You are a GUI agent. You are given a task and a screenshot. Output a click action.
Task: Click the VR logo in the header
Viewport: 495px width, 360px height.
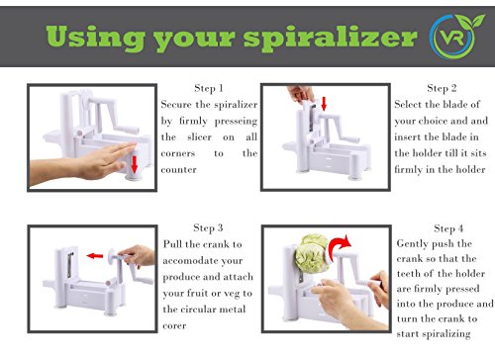[456, 37]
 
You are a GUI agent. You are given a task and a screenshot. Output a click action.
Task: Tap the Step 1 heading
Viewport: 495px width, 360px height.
[209, 88]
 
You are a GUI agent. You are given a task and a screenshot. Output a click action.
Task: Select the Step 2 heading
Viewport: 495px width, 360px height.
[442, 88]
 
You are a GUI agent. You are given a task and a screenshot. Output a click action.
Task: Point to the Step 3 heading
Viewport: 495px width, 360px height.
[208, 227]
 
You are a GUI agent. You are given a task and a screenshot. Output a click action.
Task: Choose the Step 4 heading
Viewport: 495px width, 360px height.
[448, 228]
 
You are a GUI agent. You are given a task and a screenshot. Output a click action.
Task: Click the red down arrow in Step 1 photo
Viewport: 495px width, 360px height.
[134, 164]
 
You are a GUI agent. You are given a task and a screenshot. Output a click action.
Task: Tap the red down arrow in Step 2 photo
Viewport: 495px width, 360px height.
[324, 104]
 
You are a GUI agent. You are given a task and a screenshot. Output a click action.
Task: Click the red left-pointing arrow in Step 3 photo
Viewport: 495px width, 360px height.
[95, 255]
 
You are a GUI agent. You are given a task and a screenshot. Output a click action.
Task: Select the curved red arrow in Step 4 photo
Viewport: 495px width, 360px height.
[340, 245]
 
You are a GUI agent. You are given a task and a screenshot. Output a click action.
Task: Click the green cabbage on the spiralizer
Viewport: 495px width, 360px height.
[311, 252]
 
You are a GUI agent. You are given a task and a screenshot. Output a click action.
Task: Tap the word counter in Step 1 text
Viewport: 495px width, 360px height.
[178, 170]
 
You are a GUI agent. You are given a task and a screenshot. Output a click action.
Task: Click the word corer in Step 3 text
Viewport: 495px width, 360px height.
[174, 326]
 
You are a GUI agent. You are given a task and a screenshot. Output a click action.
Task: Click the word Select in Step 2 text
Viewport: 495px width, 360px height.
[408, 104]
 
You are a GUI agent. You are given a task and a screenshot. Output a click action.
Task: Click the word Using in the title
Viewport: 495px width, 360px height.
[96, 37]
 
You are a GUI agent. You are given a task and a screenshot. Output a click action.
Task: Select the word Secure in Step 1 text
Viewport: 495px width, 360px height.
[176, 105]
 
